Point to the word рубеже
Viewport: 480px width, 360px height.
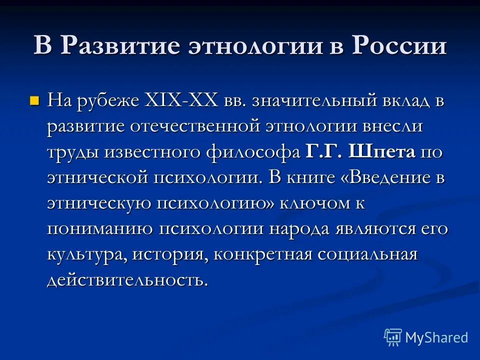point(106,101)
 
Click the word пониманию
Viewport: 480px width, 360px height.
point(99,229)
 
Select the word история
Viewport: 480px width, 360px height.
point(170,255)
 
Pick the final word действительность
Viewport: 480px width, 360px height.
point(127,280)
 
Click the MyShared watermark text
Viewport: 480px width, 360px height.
point(436,337)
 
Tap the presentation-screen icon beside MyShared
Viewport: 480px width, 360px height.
point(393,337)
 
